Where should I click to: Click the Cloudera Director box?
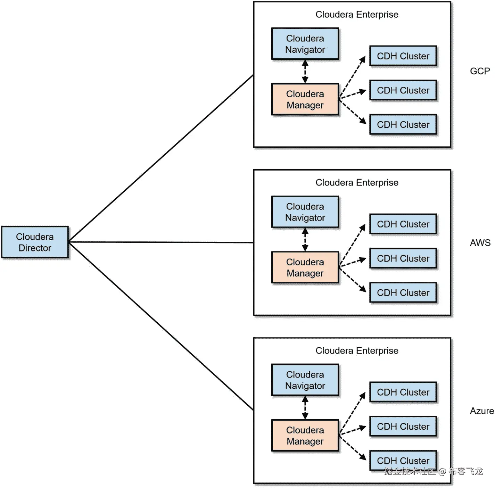tap(35, 242)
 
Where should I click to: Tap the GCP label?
tap(480, 71)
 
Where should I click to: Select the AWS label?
tap(480, 243)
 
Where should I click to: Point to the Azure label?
tap(481, 411)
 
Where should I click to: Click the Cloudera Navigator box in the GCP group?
tap(305, 44)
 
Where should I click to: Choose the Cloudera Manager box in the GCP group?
tap(305, 99)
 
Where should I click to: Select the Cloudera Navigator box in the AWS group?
tap(305, 212)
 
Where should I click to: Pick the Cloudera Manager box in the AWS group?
tap(305, 267)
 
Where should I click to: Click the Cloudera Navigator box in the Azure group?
tap(305, 380)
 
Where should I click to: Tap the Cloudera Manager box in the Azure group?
tap(305, 436)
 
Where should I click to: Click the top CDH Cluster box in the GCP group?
tap(403, 56)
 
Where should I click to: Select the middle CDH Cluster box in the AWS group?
tap(403, 258)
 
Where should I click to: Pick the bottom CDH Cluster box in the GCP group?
tap(403, 124)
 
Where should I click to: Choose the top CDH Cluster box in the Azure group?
tap(403, 392)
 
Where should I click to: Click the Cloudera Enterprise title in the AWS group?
tap(357, 183)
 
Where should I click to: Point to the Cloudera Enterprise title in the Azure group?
tap(357, 351)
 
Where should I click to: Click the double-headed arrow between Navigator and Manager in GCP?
tap(305, 72)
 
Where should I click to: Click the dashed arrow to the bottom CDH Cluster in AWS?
tap(353, 280)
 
